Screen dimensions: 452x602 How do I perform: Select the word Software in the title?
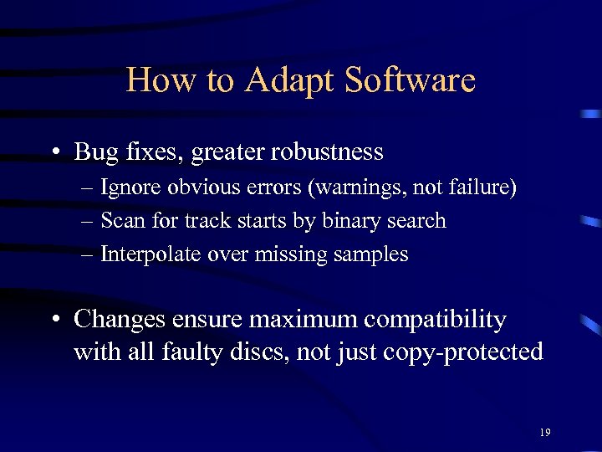(x=410, y=80)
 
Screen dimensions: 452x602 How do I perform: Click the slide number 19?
(x=544, y=433)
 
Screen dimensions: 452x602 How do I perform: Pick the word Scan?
(x=118, y=221)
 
